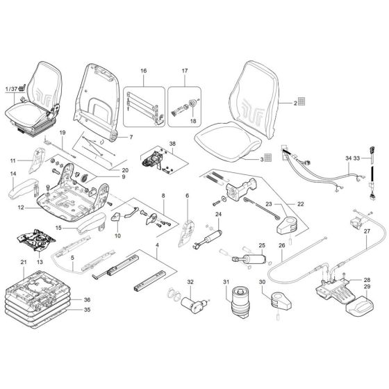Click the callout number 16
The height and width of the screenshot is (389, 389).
tap(143, 71)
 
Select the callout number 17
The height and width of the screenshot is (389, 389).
tap(185, 71)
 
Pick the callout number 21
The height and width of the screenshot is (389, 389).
tap(24, 262)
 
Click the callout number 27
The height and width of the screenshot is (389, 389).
tap(367, 230)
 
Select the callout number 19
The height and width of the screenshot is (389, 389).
tap(61, 133)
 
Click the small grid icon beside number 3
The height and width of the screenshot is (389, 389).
tap(268, 159)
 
